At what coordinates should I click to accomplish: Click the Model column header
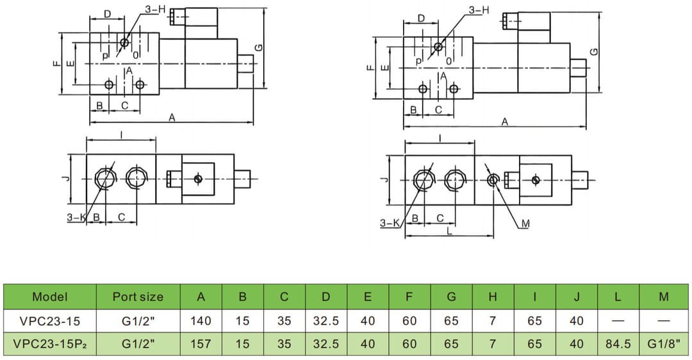[x=49, y=297]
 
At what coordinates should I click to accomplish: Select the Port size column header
[x=138, y=297]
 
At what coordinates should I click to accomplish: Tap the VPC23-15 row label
[x=49, y=320]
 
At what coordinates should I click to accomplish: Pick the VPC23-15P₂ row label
[x=49, y=344]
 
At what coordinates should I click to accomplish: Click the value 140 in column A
[x=201, y=320]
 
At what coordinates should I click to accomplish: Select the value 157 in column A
[x=201, y=344]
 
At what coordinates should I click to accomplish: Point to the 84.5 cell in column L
[x=618, y=344]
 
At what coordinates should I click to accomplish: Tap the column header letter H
[x=492, y=297]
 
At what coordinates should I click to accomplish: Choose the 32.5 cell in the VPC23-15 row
[x=325, y=320]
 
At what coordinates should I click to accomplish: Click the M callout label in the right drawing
[x=525, y=224]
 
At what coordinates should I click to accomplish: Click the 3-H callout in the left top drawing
[x=155, y=10]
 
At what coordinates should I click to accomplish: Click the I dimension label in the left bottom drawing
[x=121, y=134]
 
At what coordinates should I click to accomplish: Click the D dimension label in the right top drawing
[x=421, y=18]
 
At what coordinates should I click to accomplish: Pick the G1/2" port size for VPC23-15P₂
[x=138, y=344]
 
